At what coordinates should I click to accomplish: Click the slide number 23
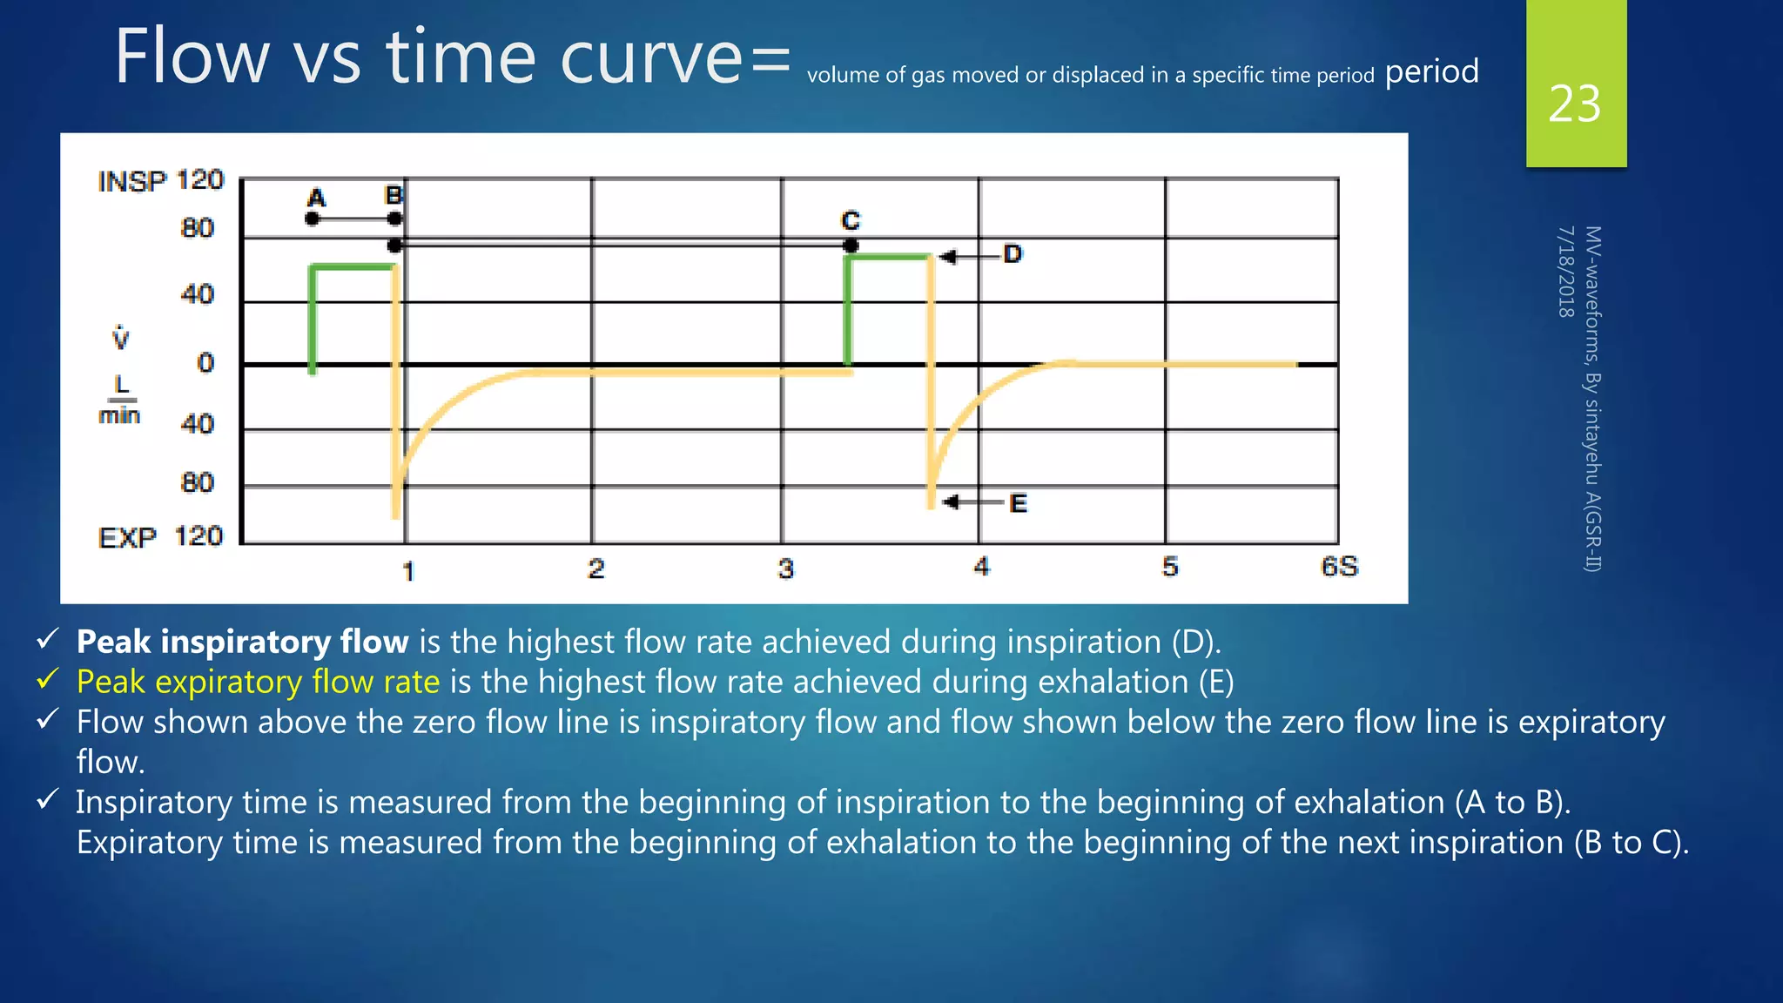tap(1574, 104)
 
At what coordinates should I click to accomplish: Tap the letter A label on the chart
tap(317, 199)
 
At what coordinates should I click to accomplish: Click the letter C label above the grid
tap(851, 220)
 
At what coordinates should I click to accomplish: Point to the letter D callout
tap(1013, 254)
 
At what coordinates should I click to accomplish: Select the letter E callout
tap(1018, 503)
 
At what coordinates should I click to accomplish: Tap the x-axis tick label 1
tap(407, 571)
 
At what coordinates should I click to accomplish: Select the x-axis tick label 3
tap(785, 569)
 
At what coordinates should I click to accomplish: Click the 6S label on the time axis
tap(1339, 567)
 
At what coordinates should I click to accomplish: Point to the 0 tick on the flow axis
tap(205, 362)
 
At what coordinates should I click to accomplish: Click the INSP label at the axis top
tap(131, 182)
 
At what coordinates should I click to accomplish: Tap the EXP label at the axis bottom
tap(127, 538)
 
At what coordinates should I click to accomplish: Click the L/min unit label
tap(120, 401)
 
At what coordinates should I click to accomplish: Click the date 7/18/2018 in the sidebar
tap(1565, 272)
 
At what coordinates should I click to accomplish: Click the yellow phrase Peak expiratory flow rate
tap(258, 682)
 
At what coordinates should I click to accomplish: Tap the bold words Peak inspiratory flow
tap(242, 642)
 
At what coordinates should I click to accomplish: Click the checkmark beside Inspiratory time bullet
tap(48, 799)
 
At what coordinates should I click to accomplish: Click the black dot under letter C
tap(851, 246)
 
